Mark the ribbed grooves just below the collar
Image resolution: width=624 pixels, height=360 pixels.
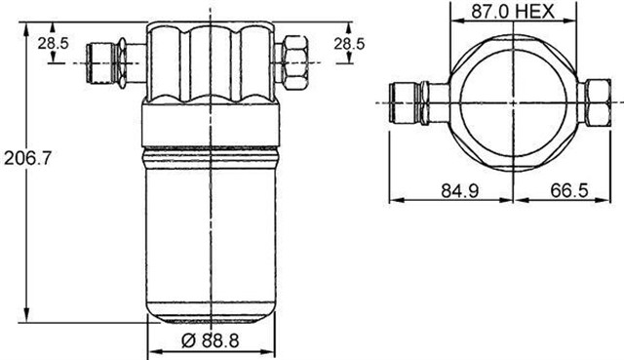point(211,152)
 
